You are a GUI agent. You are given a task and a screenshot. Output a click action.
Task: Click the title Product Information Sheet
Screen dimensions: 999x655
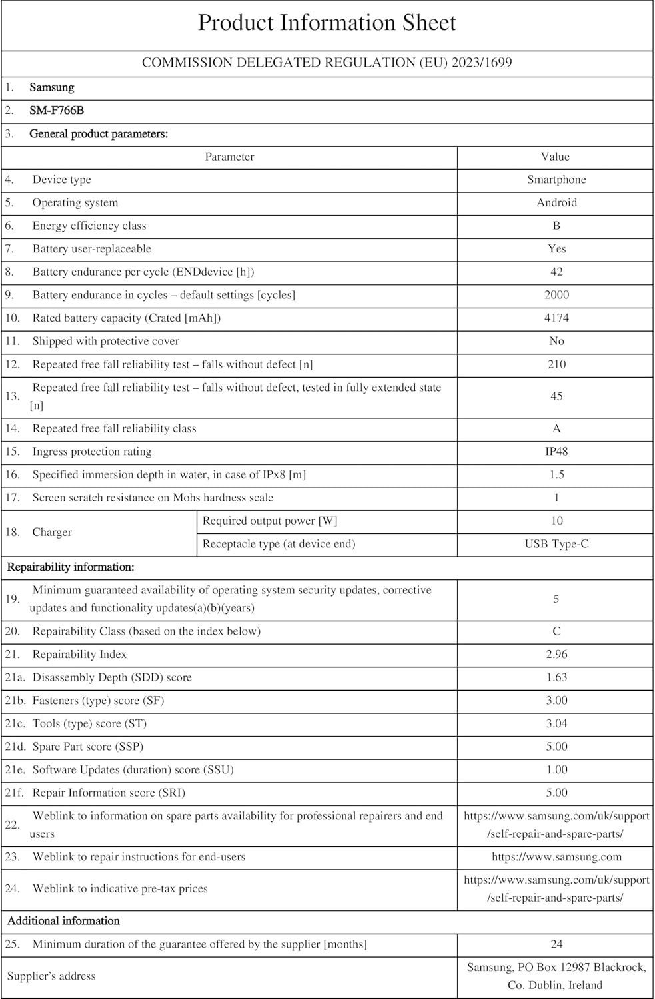pyautogui.click(x=327, y=23)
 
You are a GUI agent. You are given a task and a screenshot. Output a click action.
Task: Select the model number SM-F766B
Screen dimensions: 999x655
pyautogui.click(x=57, y=111)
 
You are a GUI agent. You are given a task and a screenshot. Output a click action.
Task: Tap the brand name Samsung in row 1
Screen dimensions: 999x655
pyautogui.click(x=52, y=87)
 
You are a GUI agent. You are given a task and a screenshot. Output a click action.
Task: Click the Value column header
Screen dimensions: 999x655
pyautogui.click(x=555, y=157)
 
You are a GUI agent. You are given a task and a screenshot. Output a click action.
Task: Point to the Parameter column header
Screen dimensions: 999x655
pyautogui.click(x=229, y=157)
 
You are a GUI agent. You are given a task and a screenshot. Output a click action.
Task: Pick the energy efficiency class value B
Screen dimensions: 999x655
pyautogui.click(x=556, y=226)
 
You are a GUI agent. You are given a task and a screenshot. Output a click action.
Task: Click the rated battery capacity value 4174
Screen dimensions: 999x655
pyautogui.click(x=556, y=318)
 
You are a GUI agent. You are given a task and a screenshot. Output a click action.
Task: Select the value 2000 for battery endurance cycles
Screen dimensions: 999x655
pyautogui.click(x=556, y=295)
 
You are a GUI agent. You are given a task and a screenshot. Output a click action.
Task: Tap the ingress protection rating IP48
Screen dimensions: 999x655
pyautogui.click(x=556, y=452)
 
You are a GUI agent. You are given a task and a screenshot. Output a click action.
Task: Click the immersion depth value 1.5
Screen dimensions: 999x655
pyautogui.click(x=556, y=474)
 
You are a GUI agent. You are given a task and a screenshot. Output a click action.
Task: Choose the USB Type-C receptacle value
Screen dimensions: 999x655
pyautogui.click(x=556, y=544)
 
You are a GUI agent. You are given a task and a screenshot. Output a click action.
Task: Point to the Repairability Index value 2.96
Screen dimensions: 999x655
pyautogui.click(x=556, y=654)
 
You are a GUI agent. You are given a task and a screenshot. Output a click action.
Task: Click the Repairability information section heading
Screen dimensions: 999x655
pyautogui.click(x=71, y=567)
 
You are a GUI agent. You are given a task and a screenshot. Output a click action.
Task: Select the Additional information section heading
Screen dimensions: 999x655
pyautogui.click(x=63, y=921)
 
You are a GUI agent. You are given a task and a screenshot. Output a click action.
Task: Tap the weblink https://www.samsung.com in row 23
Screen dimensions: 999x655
pyautogui.click(x=556, y=857)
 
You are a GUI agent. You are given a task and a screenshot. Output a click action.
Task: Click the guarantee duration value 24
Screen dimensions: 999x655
pyautogui.click(x=556, y=944)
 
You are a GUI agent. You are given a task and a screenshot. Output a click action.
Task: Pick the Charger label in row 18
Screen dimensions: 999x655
pyautogui.click(x=52, y=532)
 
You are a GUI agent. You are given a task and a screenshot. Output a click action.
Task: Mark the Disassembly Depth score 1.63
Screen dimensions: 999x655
pyautogui.click(x=556, y=677)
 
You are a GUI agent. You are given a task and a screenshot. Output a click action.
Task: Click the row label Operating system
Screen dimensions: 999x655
pyautogui.click(x=75, y=202)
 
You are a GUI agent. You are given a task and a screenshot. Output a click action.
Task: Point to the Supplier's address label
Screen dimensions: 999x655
pyautogui.click(x=51, y=976)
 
